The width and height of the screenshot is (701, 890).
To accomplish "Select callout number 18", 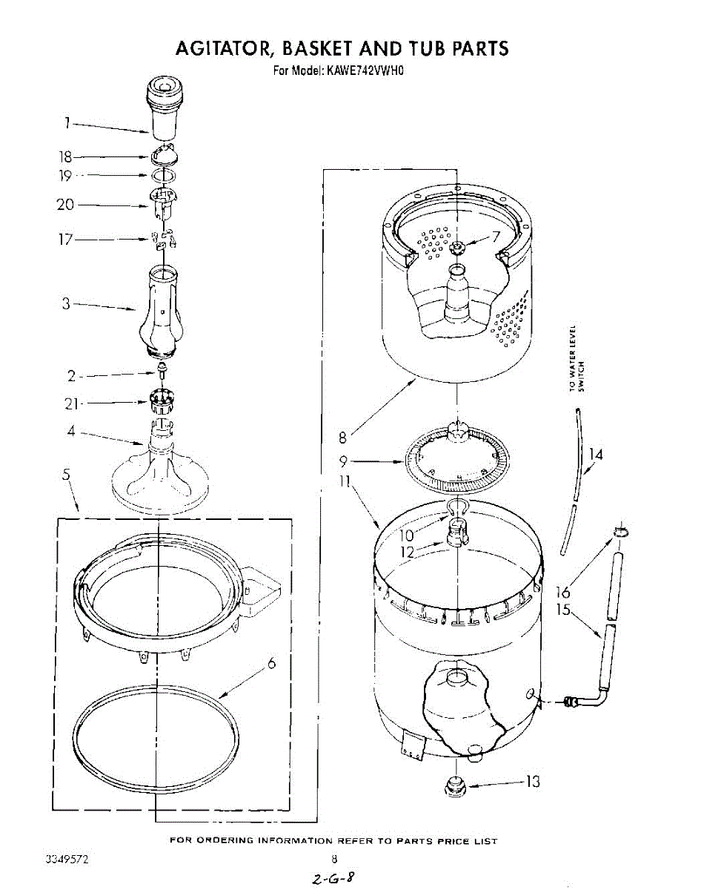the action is point(64,156).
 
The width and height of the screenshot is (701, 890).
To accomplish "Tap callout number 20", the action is point(65,204).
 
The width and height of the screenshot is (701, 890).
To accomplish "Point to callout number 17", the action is point(65,240).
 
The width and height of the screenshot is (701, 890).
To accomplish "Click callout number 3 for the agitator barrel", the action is point(66,303).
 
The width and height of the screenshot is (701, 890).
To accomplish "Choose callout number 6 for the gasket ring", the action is point(271,664).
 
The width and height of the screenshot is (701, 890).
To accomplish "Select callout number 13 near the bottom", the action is point(532,782).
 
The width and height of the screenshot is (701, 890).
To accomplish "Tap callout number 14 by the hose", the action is point(595,454).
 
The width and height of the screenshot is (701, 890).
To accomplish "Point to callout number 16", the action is point(563,591).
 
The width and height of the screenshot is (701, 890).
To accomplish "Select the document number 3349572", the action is point(67,860).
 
